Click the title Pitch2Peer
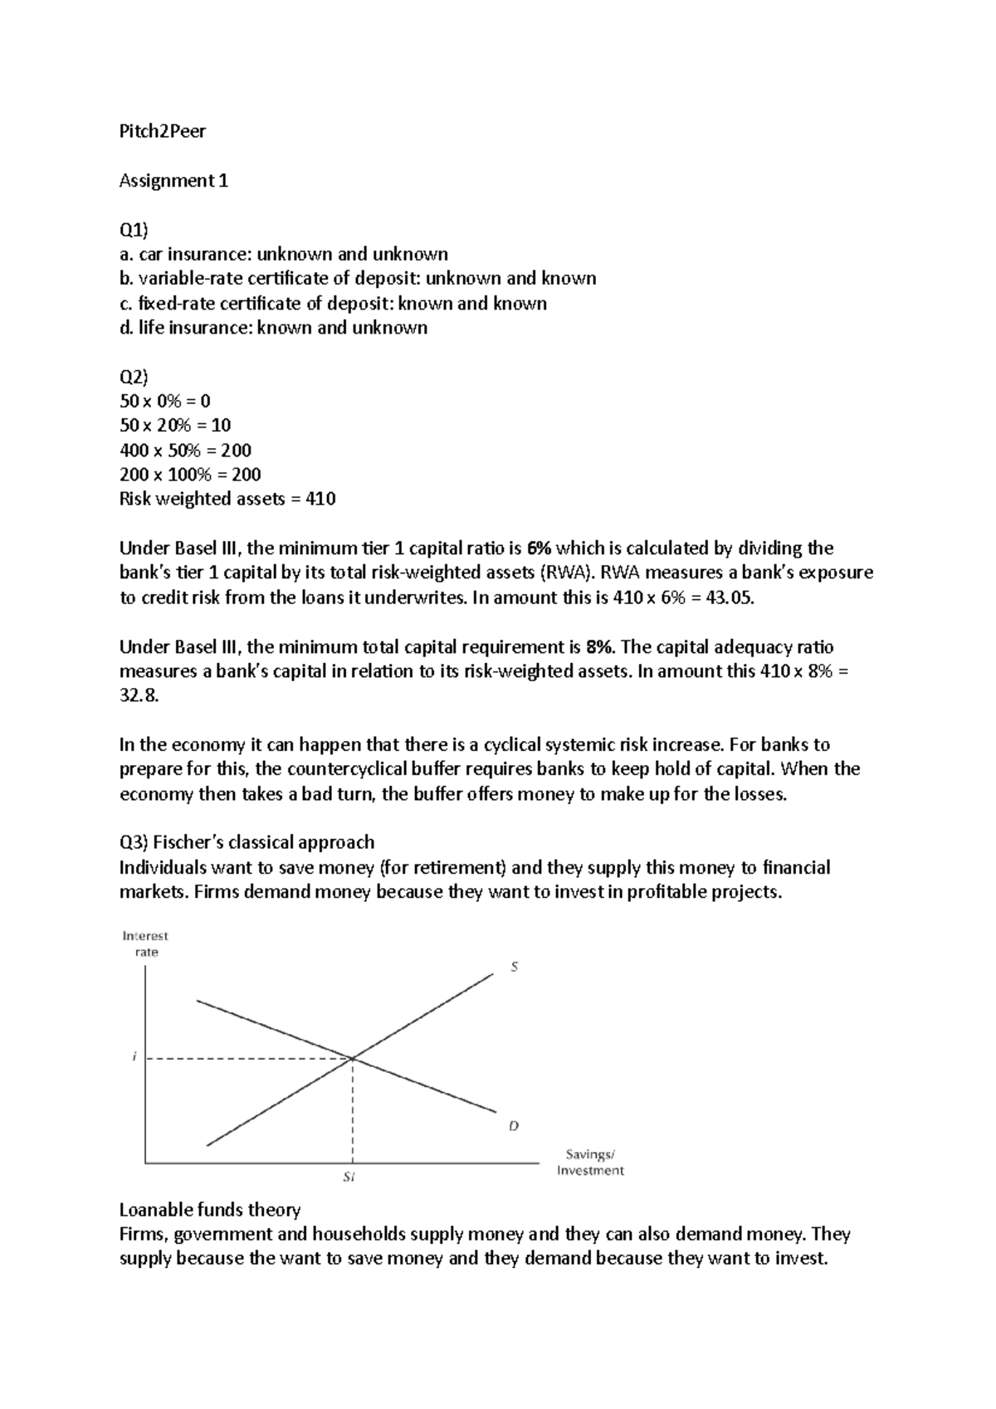point(163,131)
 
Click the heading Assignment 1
point(173,180)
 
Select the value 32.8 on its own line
point(139,696)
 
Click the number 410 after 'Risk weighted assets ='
point(320,500)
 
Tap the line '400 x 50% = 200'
point(185,451)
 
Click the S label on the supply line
point(515,967)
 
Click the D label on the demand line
point(514,1126)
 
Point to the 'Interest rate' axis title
point(145,943)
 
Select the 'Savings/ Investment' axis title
point(590,1162)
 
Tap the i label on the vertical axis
point(134,1058)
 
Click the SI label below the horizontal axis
point(349,1177)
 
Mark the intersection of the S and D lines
point(353,1058)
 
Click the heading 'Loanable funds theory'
point(210,1210)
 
